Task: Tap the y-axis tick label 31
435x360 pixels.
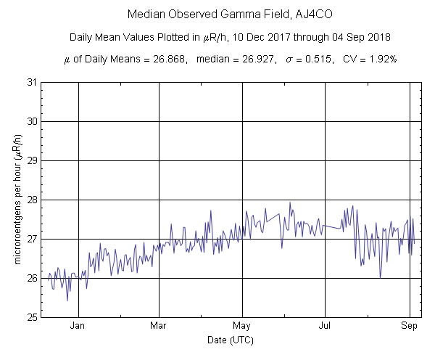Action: (x=32, y=82)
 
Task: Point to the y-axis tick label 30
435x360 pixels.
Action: (x=32, y=121)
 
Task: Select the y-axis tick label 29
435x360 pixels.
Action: (x=32, y=160)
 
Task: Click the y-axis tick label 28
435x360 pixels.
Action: (x=32, y=200)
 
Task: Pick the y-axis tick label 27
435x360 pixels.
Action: (x=32, y=239)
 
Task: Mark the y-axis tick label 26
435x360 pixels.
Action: (x=32, y=278)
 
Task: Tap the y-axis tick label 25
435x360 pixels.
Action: (x=32, y=317)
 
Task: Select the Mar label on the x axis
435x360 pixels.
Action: (x=159, y=326)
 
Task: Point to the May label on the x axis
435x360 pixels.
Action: (x=241, y=326)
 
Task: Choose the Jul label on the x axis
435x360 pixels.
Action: (x=324, y=326)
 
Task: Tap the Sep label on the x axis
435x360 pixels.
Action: (x=409, y=326)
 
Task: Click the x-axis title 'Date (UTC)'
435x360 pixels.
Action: (x=225, y=339)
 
